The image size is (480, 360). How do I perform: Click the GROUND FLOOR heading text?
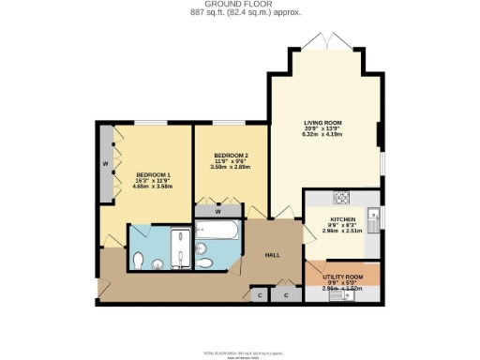tap(239, 4)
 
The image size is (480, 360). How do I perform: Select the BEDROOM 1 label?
tap(153, 174)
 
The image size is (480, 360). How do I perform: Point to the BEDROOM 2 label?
tap(230, 155)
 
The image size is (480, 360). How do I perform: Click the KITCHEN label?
tap(341, 220)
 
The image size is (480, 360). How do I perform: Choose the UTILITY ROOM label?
tap(342, 278)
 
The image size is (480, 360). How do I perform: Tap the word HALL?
tap(272, 255)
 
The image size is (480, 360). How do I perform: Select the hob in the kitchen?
tap(342, 198)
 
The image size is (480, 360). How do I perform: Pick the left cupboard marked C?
tap(260, 295)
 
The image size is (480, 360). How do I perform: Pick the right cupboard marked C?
tap(286, 295)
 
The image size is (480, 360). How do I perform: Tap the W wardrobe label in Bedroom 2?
tap(217, 212)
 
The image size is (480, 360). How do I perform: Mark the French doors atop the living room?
tap(323, 41)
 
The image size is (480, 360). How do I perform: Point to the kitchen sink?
tap(371, 217)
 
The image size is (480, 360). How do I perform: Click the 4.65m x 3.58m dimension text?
tap(153, 187)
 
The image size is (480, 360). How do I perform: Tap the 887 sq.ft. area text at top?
tap(239, 13)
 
